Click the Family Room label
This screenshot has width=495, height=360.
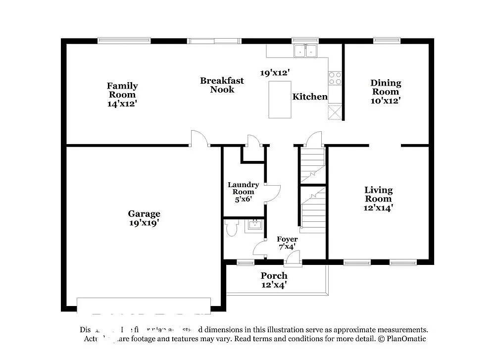coord(122,95)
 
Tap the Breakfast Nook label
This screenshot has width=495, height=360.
coord(222,85)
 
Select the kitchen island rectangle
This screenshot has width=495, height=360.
coord(280,100)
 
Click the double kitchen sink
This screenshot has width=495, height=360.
coord(305,51)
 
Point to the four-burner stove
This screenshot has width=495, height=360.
coord(335,78)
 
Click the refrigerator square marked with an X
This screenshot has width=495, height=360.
coord(335,112)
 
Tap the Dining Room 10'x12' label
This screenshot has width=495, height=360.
coord(386,92)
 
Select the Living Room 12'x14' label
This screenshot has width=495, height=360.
coord(379,199)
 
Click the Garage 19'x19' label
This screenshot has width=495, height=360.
coord(144,218)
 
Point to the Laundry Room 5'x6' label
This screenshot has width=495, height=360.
coord(243,192)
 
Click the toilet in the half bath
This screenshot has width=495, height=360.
coord(231,228)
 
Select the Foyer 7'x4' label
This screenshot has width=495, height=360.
coord(287,243)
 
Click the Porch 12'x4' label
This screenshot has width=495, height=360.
coord(274,280)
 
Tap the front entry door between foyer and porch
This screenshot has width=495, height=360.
coord(294,257)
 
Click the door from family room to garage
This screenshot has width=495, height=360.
coord(199,139)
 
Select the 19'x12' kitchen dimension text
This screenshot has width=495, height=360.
coord(275,72)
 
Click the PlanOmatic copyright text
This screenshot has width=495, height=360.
coord(401,339)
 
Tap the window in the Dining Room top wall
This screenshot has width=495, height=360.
coord(387,41)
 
